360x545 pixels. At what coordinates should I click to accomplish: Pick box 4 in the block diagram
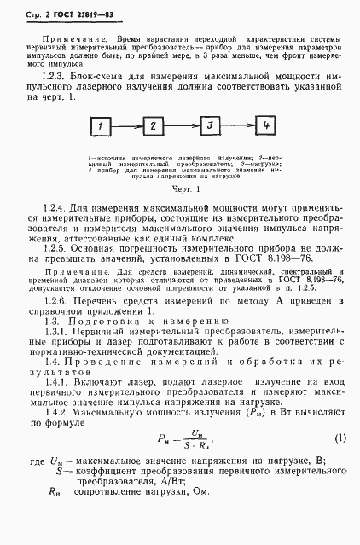(266, 126)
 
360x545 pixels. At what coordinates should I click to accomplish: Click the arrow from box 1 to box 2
(128, 128)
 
